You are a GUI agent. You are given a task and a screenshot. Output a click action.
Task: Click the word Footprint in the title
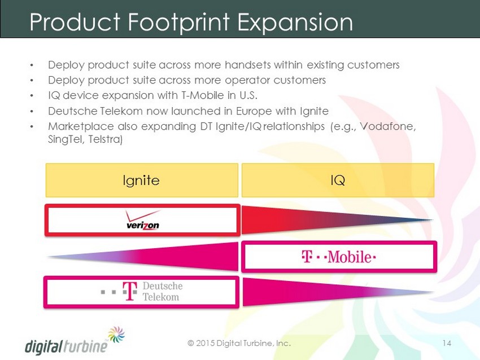click(x=178, y=22)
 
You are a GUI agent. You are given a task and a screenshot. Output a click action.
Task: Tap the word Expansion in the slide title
click(x=295, y=22)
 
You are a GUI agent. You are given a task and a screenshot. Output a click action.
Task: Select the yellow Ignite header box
click(x=142, y=180)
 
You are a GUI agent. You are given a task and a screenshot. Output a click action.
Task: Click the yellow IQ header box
click(x=338, y=180)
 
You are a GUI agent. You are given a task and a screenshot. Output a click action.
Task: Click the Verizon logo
click(x=143, y=220)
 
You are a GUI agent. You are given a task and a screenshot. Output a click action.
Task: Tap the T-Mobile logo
click(x=339, y=257)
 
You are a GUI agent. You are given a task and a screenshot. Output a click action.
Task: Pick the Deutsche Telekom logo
click(x=142, y=292)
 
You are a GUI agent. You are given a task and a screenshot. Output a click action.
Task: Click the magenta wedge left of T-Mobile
click(x=143, y=257)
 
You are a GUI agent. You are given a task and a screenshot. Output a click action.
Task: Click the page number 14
click(x=447, y=343)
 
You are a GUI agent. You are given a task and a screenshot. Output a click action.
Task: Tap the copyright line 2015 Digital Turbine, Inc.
click(x=239, y=343)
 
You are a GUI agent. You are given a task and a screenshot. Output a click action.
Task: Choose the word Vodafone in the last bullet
click(x=388, y=126)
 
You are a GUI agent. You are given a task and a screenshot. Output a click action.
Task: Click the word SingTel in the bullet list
click(x=66, y=139)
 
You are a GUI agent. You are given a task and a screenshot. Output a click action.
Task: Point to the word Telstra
click(x=106, y=139)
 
